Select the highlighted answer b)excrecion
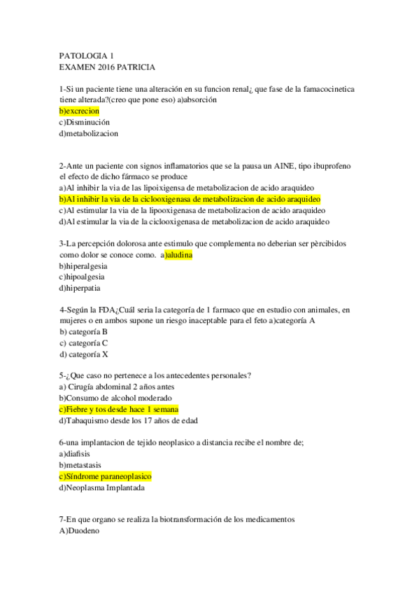80,111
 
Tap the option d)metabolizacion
89,133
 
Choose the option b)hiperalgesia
84,266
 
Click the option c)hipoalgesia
83,277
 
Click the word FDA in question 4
105,310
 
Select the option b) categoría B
84,331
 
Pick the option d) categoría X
84,354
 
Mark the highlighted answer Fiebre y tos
119,409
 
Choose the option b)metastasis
80,464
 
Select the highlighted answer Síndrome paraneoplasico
106,476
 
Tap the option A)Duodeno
80,531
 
